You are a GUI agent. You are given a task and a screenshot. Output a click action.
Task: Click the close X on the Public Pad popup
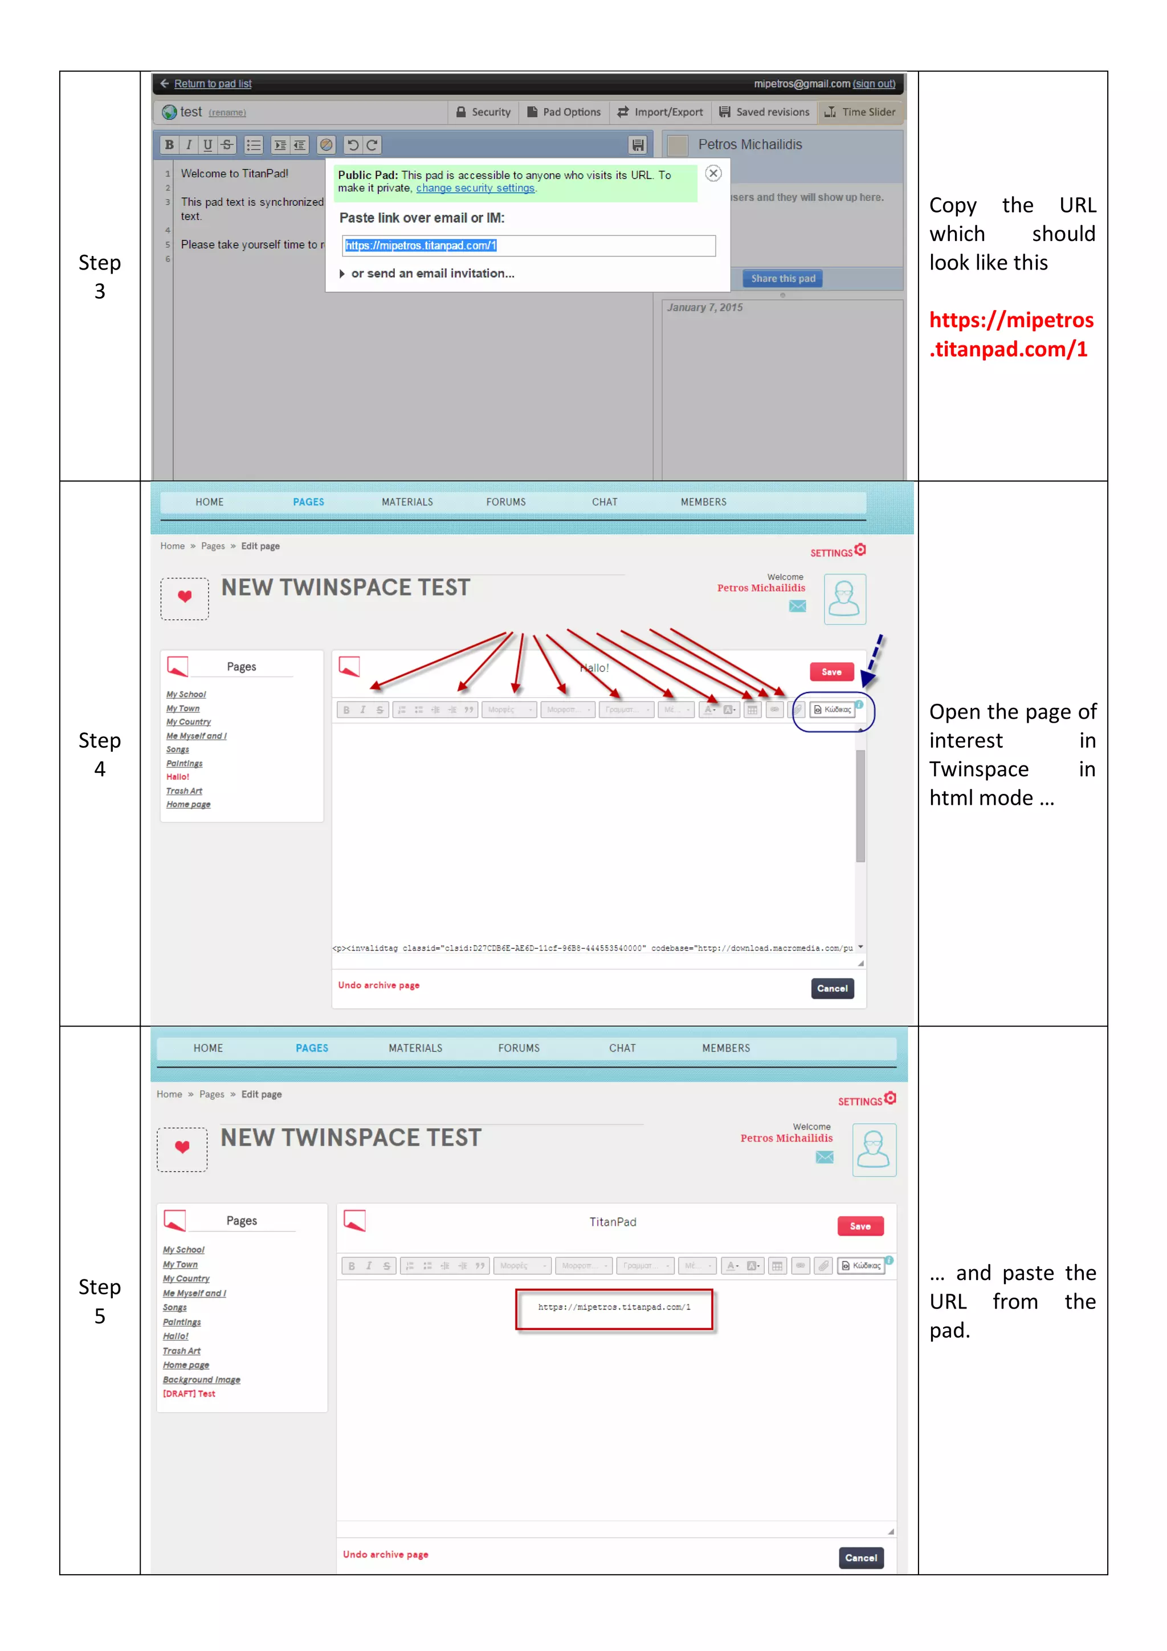713,173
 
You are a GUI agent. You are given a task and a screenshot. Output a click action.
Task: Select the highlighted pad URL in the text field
421,246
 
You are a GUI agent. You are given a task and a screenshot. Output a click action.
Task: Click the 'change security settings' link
475,189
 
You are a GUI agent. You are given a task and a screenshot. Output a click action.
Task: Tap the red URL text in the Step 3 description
1010,335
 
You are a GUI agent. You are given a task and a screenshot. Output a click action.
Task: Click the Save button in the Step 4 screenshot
831,671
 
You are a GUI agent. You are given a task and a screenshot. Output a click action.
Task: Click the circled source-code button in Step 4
833,710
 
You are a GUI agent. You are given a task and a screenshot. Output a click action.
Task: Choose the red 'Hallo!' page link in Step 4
178,777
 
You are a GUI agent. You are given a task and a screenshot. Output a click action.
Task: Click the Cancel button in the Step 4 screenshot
832,989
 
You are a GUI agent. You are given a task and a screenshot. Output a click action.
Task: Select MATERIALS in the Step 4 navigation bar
407,502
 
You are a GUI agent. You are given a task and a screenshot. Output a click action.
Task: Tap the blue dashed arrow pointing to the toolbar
873,659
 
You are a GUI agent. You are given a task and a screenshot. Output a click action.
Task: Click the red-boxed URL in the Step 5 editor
614,1307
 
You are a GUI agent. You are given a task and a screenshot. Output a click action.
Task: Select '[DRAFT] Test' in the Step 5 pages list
189,1393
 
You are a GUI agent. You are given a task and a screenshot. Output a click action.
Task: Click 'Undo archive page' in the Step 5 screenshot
385,1555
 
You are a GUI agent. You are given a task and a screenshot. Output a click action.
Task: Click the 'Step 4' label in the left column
99,755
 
